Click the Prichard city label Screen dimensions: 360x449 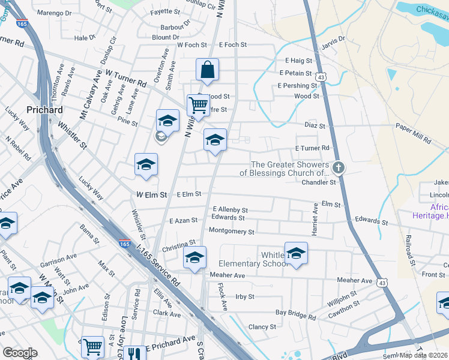45,110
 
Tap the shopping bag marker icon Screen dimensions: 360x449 207,70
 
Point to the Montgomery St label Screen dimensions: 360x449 231,231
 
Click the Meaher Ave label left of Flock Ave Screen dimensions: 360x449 228,275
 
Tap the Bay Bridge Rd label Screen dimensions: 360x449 295,313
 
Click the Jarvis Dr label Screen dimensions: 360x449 334,40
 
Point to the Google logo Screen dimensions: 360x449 20,353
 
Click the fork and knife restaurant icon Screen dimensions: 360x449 134,354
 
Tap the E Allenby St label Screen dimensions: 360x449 230,209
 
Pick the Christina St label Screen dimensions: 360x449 179,245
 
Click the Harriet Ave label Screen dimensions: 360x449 314,214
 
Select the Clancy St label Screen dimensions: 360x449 262,327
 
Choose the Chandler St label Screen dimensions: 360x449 318,182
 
